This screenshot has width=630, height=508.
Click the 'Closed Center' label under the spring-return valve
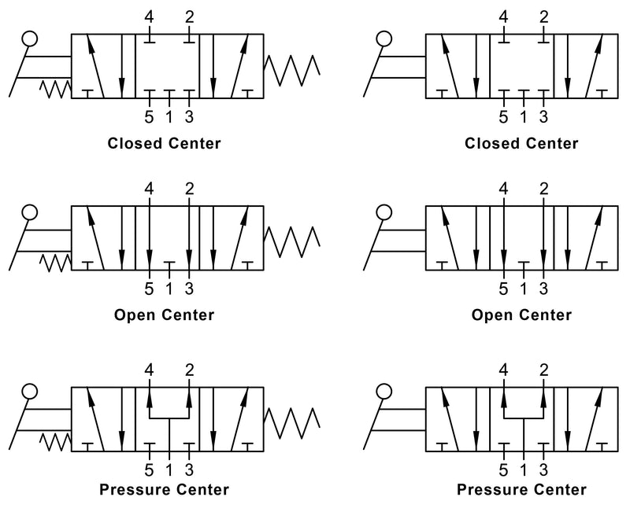(165, 143)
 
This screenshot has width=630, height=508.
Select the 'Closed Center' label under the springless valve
(521, 143)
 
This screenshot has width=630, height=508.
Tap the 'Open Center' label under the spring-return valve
(164, 315)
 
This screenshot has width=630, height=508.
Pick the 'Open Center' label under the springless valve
(521, 315)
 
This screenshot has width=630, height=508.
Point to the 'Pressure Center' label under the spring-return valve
(164, 490)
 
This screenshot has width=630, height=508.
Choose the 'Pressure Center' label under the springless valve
(521, 490)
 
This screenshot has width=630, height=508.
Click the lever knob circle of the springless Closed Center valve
(384, 39)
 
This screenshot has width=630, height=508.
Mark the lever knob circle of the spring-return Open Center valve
(30, 212)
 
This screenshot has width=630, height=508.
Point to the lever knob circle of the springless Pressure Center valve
(384, 391)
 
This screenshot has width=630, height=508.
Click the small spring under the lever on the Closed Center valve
(55, 90)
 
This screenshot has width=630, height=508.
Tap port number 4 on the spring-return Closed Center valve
(149, 16)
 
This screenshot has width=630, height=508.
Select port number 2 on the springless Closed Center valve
(544, 16)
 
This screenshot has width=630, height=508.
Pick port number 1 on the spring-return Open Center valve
(169, 288)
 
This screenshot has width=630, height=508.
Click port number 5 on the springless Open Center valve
(504, 288)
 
